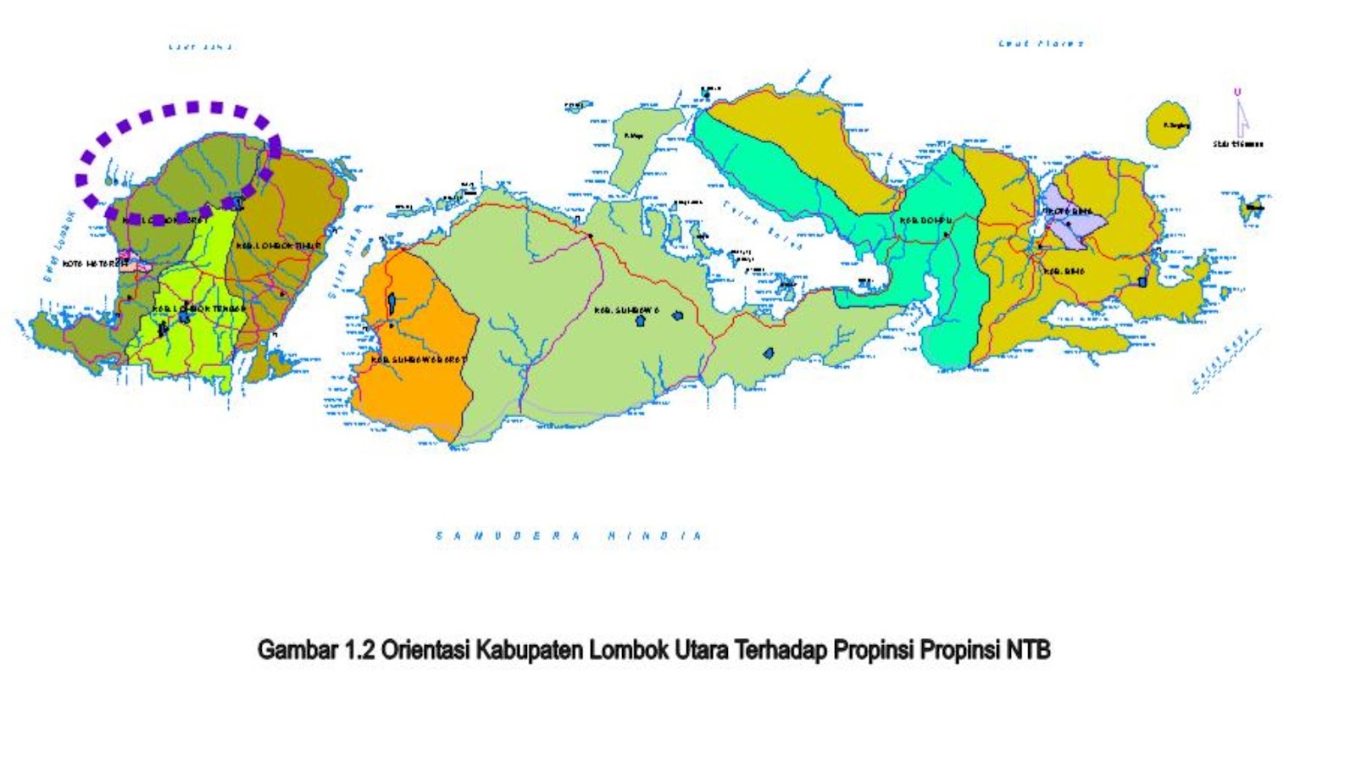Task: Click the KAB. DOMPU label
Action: pos(925,221)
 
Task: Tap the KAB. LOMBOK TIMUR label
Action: pos(279,246)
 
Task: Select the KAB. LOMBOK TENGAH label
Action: pos(200,308)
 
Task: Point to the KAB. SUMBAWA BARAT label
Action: pos(418,360)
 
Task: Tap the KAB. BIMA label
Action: pos(1064,271)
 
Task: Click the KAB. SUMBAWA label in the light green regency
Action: pos(626,311)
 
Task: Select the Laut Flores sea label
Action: pos(1041,43)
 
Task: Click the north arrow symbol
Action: pos(1241,119)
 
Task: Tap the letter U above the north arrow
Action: pos(1237,92)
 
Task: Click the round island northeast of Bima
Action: pos(1170,125)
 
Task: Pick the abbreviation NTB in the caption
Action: pos(1028,651)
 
